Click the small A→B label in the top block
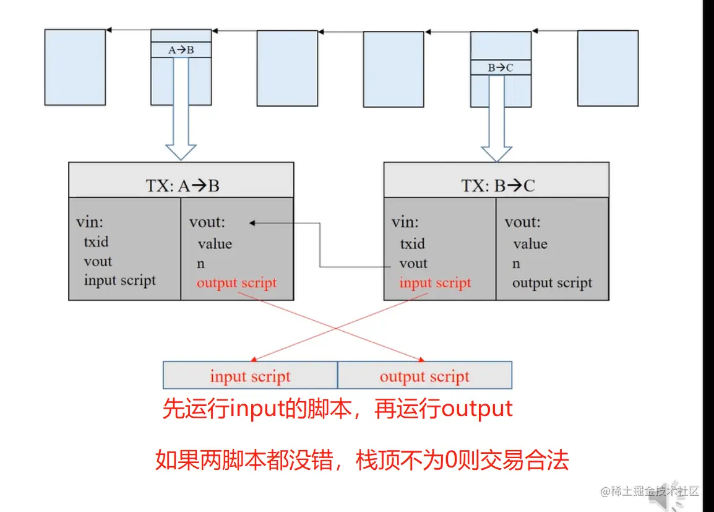(x=181, y=50)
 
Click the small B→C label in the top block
(x=501, y=67)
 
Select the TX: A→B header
(x=181, y=186)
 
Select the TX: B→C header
(x=497, y=186)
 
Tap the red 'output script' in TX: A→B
(x=236, y=283)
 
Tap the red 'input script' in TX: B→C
(x=435, y=283)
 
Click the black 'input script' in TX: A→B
(x=120, y=280)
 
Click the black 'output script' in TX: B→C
(x=552, y=283)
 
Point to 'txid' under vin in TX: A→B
(x=96, y=241)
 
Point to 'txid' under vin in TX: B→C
(x=412, y=243)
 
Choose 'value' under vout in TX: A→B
(x=215, y=244)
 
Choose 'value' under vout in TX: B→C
(x=530, y=244)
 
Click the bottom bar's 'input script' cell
(x=250, y=376)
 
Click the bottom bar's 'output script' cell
(x=424, y=376)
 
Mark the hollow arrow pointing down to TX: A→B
(x=181, y=124)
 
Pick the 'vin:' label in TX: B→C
(x=405, y=222)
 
